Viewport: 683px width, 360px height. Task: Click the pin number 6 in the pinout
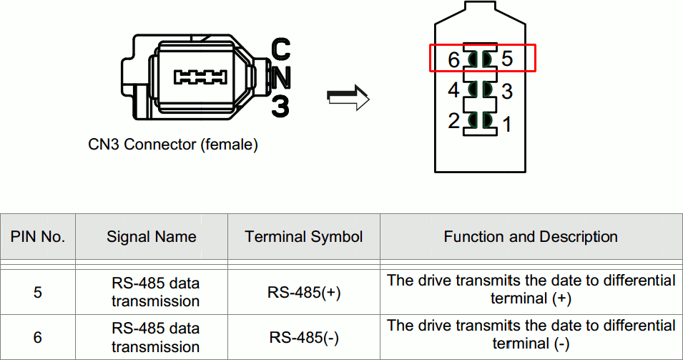click(453, 60)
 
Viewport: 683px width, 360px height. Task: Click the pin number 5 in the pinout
click(507, 59)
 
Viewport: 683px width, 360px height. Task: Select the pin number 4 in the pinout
click(453, 90)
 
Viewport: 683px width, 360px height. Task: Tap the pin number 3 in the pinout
click(507, 92)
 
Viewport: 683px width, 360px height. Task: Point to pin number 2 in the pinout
click(453, 121)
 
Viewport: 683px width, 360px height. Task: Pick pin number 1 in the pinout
click(507, 125)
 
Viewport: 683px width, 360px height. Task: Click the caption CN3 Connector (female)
click(173, 145)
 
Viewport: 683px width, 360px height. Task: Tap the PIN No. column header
click(38, 236)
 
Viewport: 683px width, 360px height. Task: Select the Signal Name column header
click(152, 236)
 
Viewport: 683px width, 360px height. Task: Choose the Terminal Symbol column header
click(304, 236)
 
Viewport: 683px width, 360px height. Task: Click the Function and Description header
click(531, 236)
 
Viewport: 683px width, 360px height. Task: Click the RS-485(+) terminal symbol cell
click(304, 292)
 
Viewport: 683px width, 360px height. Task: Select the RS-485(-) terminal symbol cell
click(304, 337)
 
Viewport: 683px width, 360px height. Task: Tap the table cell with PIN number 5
click(38, 292)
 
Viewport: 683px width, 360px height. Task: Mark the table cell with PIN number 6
click(38, 337)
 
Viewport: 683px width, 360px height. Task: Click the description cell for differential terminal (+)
click(531, 289)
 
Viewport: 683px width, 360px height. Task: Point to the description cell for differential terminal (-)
click(531, 334)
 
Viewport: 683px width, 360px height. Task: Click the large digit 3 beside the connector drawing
click(281, 106)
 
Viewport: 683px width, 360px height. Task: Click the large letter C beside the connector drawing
click(282, 49)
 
